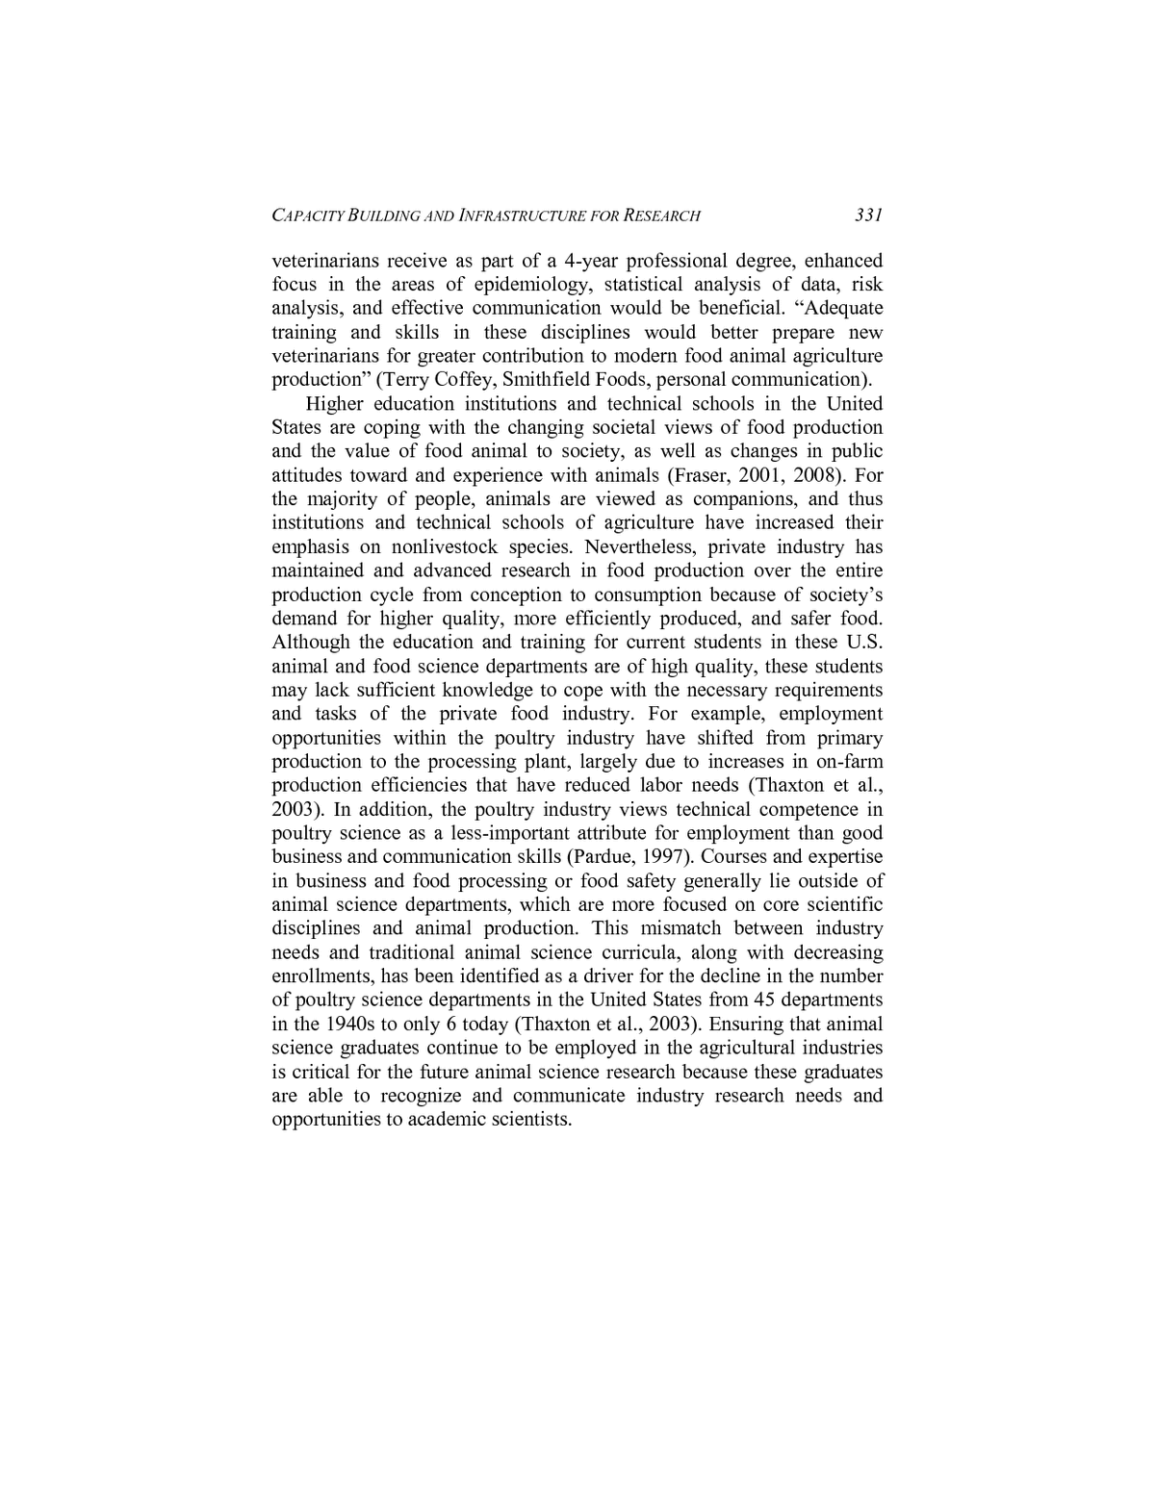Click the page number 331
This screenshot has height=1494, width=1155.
(x=868, y=215)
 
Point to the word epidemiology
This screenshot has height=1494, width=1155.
(x=528, y=285)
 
